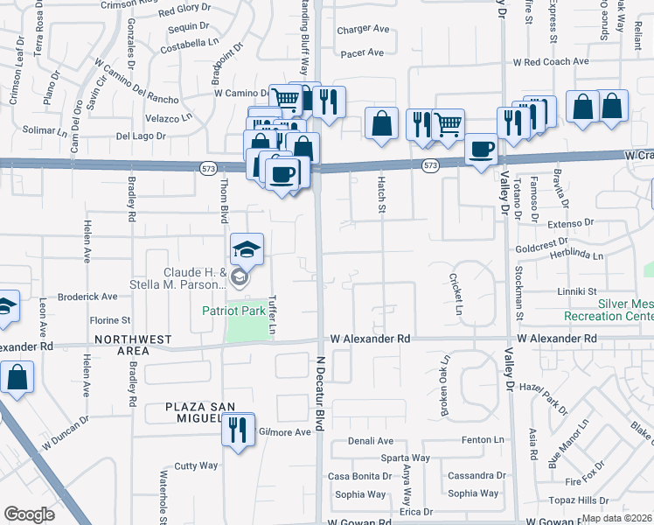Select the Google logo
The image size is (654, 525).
pyautogui.click(x=29, y=514)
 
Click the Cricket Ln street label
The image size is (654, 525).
pyautogui.click(x=455, y=294)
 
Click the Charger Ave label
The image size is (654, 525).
pyautogui.click(x=364, y=29)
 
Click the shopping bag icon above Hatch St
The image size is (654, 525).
pyautogui.click(x=382, y=122)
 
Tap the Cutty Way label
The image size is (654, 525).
pyautogui.click(x=196, y=465)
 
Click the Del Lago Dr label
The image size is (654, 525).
pyautogui.click(x=141, y=136)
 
